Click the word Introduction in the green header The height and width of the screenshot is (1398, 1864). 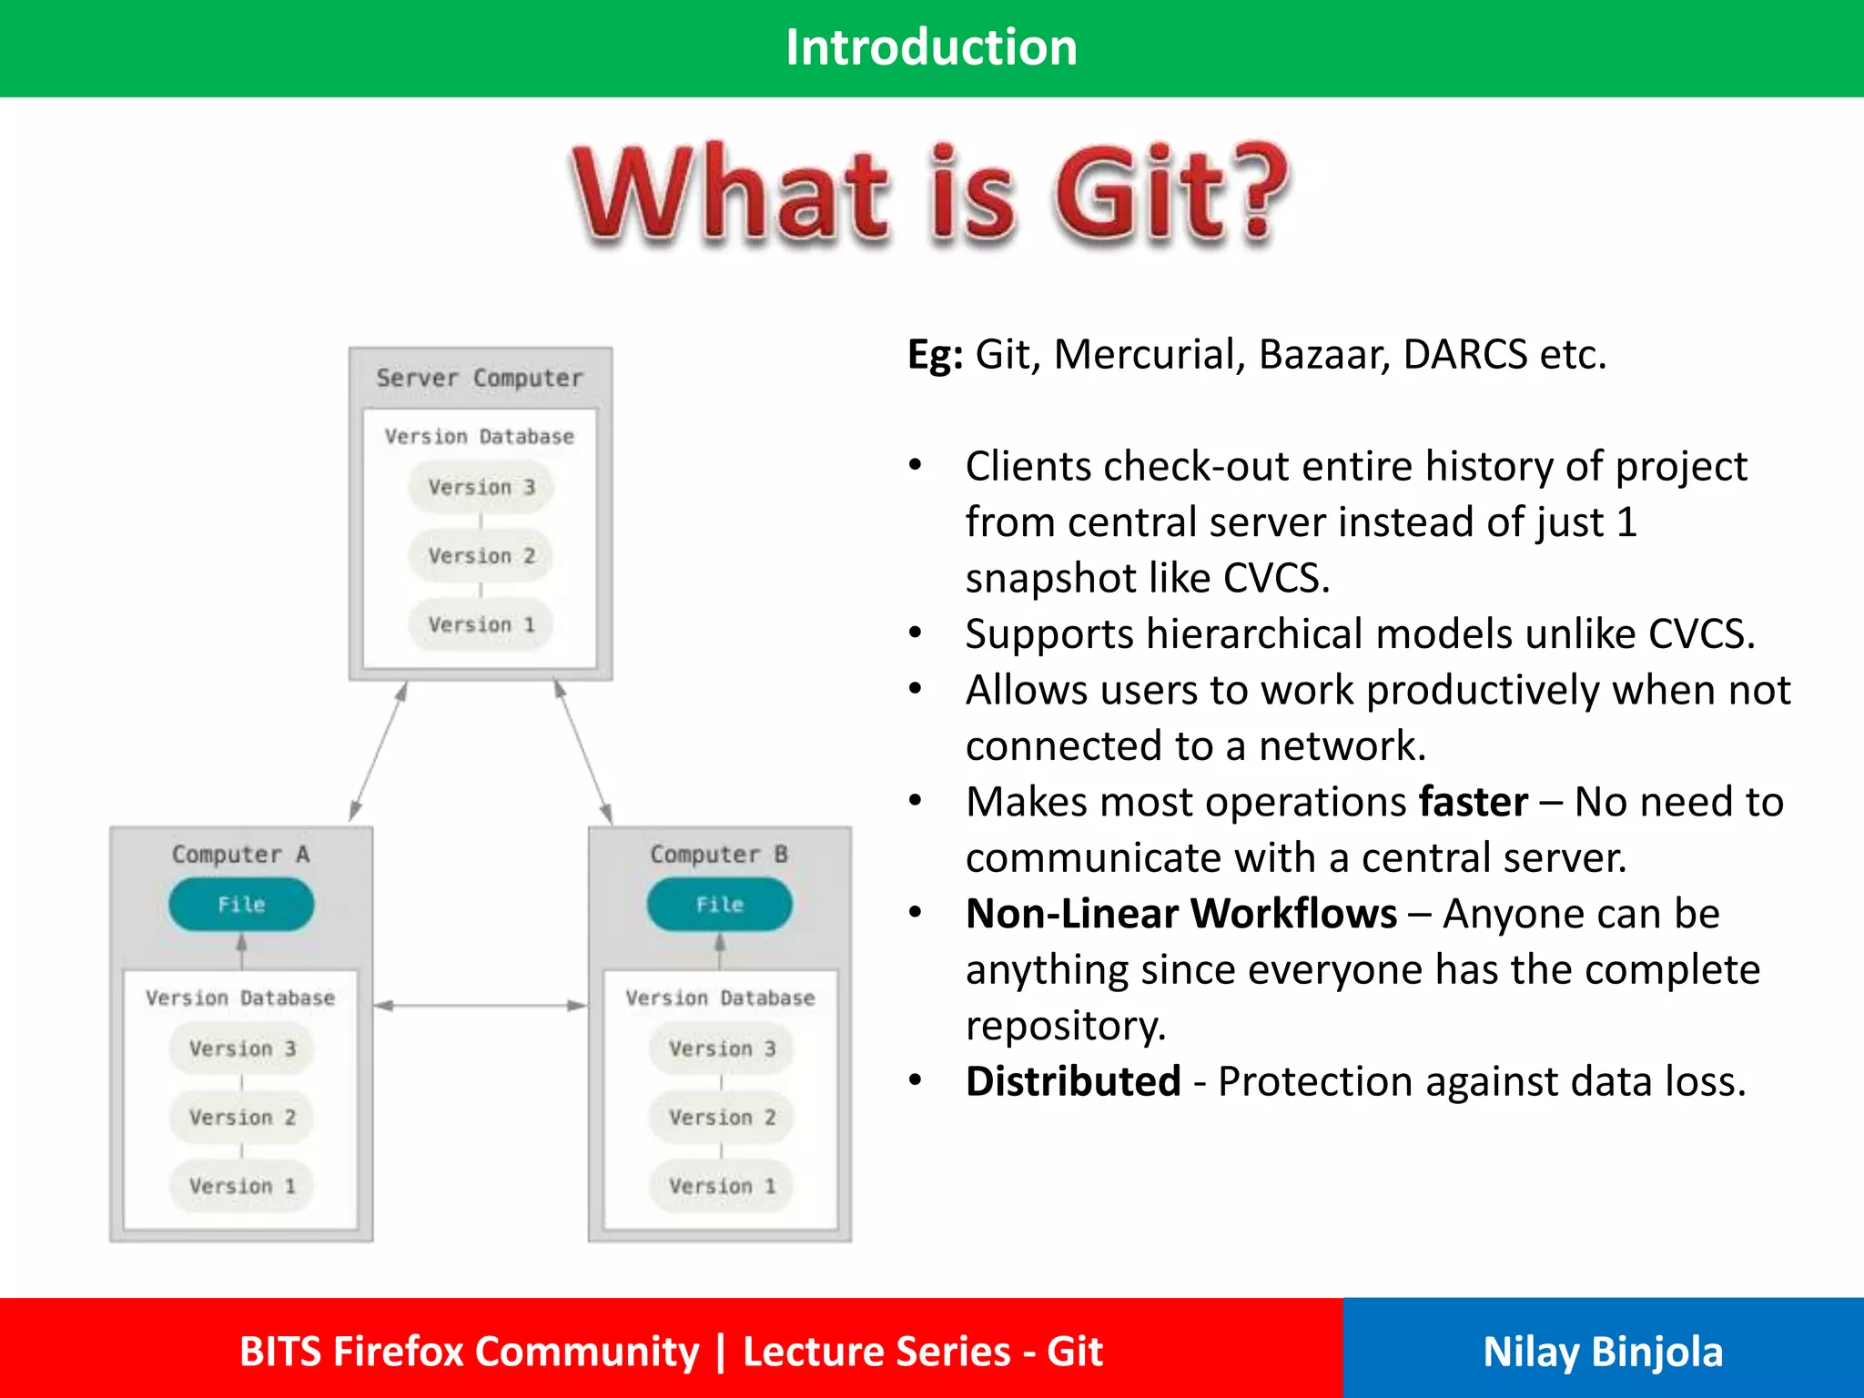931,47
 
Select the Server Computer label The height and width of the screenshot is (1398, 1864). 480,378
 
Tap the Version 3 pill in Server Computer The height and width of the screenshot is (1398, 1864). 481,487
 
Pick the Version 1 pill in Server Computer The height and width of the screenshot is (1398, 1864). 481,624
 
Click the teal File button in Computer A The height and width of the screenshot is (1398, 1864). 241,904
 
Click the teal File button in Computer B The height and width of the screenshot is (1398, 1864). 719,904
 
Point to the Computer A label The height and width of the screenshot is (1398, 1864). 240,854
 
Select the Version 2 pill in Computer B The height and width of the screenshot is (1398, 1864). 722,1117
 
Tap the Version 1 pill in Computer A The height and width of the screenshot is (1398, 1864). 242,1185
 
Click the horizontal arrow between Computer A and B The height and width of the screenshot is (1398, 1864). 481,1005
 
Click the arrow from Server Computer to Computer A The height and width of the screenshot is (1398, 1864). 378,752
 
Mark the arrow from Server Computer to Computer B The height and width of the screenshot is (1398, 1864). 582,752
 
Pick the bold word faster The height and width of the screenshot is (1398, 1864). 1473,803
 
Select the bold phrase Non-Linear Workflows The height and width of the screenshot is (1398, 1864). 1180,914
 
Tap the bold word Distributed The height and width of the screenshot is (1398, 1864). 1073,1082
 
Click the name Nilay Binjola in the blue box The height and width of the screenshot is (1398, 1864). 1602,1352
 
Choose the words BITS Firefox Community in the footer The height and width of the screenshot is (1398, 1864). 469,1352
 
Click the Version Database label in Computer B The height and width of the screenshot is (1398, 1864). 720,998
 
